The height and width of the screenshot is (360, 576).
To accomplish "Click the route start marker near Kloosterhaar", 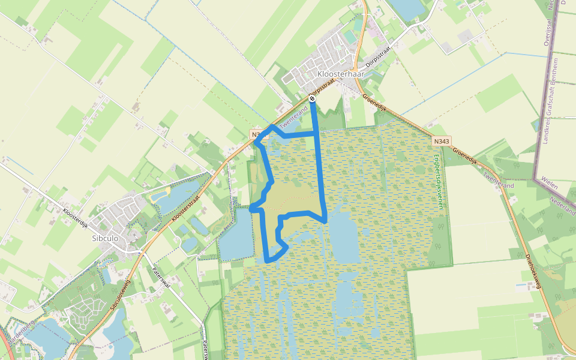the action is tap(312, 98).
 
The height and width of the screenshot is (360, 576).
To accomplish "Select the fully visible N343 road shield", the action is tap(440, 141).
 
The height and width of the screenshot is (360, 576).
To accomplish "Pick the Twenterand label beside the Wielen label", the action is tap(499, 179).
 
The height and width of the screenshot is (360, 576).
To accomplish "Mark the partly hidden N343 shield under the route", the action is tap(256, 135).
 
